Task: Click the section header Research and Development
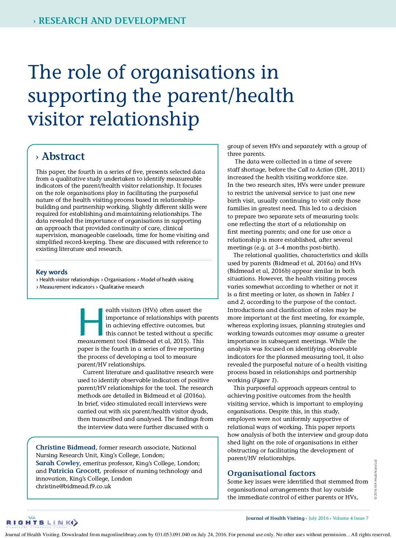(112, 21)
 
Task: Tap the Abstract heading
(63, 157)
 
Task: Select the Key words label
(52, 272)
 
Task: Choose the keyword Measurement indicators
(67, 287)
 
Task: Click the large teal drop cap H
(91, 322)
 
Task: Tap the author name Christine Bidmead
(66, 447)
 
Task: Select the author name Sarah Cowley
(58, 463)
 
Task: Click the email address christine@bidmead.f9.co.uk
(73, 486)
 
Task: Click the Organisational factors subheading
(271, 473)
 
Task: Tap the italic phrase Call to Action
(315, 169)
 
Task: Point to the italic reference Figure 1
(264, 380)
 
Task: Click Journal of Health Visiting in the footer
(275, 518)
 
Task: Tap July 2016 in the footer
(318, 518)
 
